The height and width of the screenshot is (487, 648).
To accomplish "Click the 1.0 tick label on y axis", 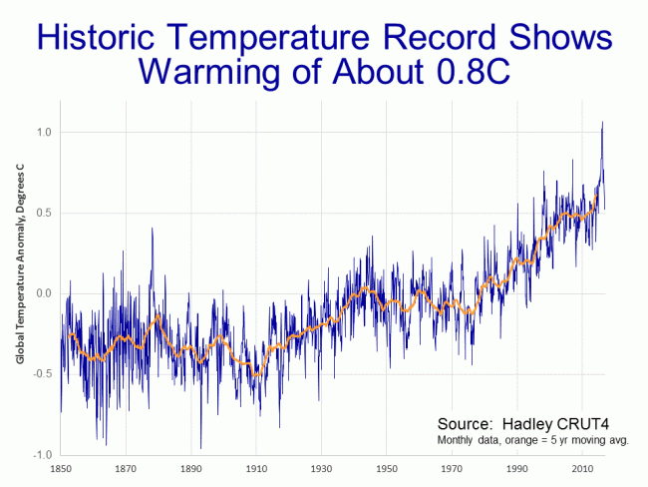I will pos(42,132).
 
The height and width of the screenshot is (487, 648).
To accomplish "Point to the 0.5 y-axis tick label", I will pos(42,213).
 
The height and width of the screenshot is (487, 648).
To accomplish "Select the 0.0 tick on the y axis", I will pos(42,293).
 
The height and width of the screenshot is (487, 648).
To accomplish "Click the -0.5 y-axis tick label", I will pos(40,374).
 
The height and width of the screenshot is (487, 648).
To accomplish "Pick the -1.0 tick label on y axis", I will pos(40,455).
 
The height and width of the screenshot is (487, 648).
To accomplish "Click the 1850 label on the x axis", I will pos(61,468).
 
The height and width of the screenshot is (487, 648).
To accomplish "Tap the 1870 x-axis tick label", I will pos(126,468).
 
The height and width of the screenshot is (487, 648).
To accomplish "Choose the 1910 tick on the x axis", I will pos(256,468).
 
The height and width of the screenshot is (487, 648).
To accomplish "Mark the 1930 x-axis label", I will pos(321,468).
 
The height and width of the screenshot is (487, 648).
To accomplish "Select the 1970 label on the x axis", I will pos(452,468).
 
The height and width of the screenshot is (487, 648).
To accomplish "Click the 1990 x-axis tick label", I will pos(516,468).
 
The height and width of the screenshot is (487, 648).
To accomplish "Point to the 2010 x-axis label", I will pos(582,468).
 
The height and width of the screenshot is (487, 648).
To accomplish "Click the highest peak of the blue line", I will pos(602,123).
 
